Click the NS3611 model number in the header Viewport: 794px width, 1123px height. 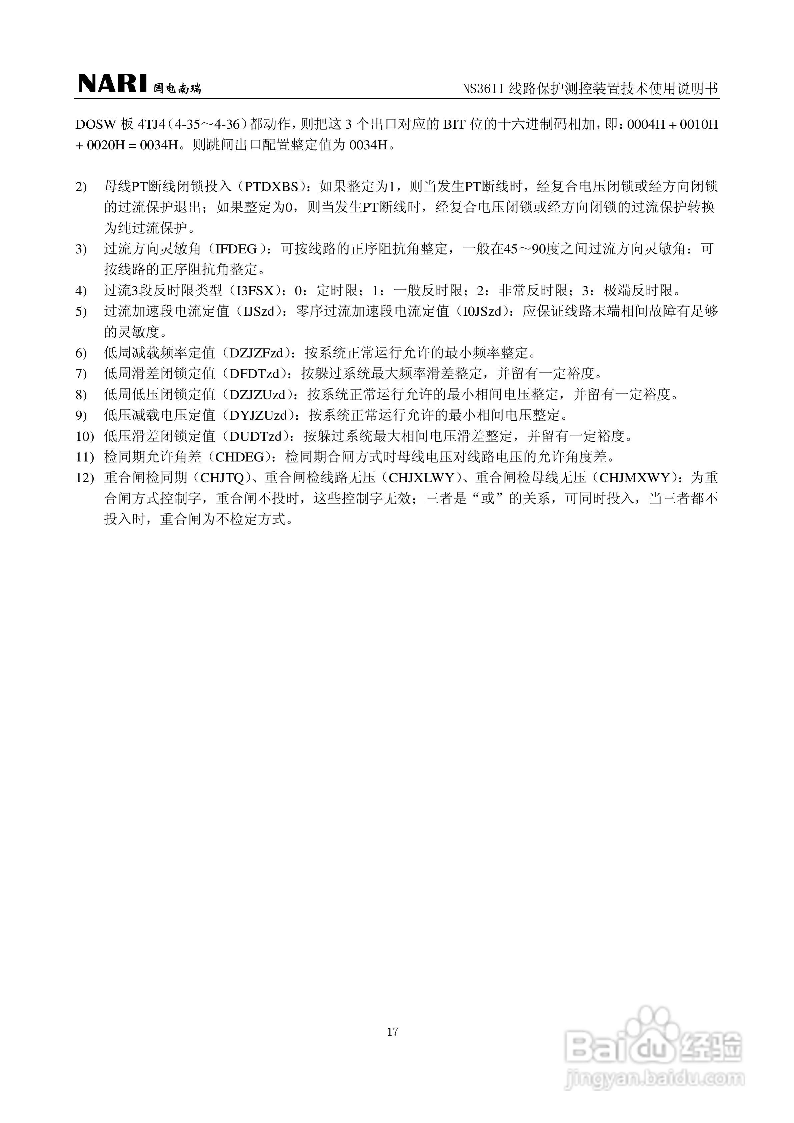pyautogui.click(x=483, y=89)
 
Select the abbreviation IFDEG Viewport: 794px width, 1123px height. pyautogui.click(x=237, y=249)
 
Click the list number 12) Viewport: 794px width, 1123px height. pyautogui.click(x=84, y=477)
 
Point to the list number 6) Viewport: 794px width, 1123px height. pyautogui.click(x=81, y=353)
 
